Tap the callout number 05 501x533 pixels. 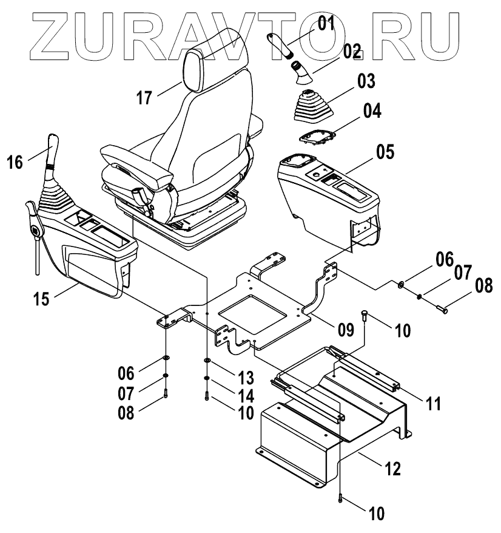pyautogui.click(x=385, y=152)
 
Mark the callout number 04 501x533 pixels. pyautogui.click(x=372, y=112)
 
